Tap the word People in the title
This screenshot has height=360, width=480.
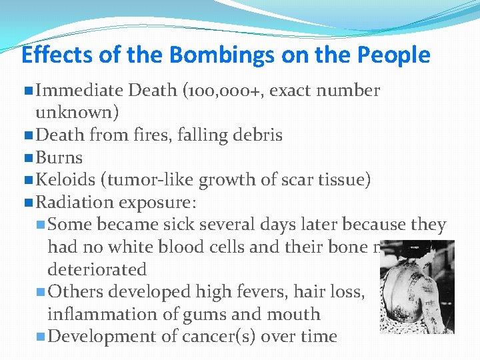coord(394,55)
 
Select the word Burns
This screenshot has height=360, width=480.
coord(59,158)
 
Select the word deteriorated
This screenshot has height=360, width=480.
coord(97,269)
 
